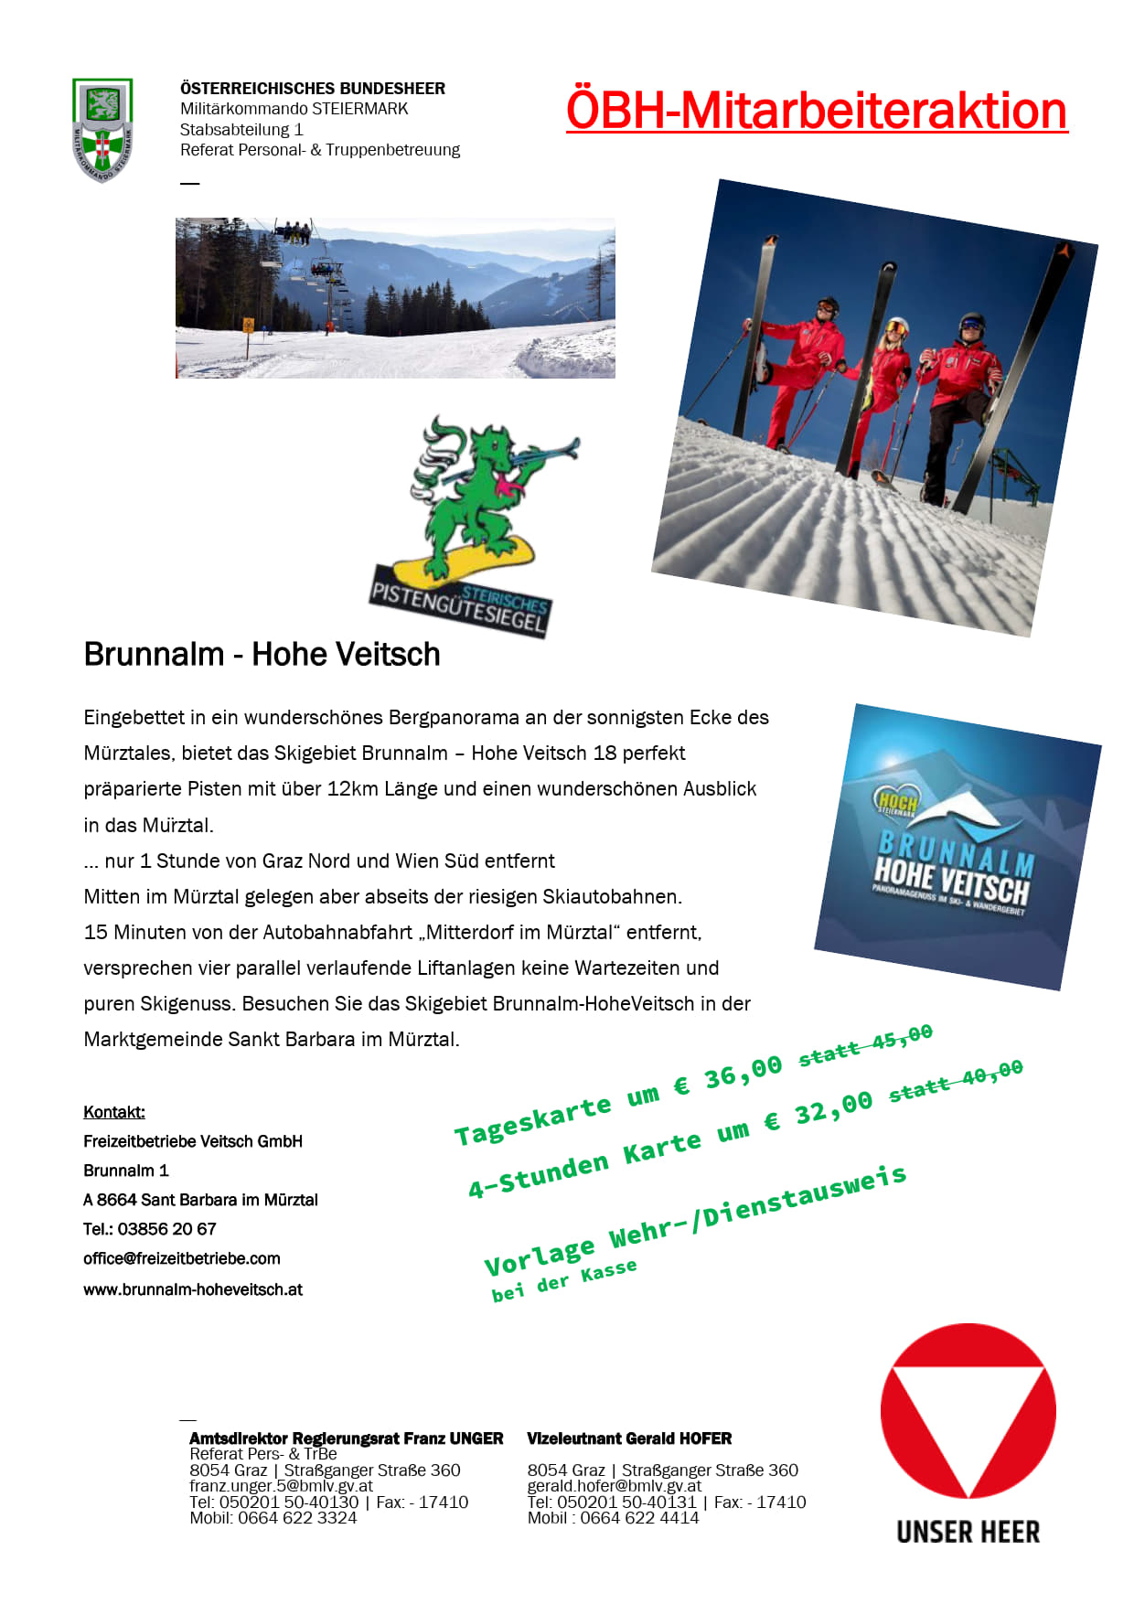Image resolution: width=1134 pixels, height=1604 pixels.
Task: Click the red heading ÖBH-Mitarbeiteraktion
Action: pos(816,111)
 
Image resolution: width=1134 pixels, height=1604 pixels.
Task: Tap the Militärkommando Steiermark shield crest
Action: pos(102,129)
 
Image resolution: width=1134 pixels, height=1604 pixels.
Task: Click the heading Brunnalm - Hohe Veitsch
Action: pos(262,655)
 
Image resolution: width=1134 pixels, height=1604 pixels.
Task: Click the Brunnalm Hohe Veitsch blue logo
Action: pos(956,846)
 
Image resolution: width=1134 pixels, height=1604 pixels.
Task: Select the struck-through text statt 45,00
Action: pos(865,1045)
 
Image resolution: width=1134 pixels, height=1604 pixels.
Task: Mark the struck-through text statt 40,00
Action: pos(956,1081)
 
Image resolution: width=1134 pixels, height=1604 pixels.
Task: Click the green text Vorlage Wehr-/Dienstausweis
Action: pos(695,1222)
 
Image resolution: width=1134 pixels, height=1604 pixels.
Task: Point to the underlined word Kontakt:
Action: pos(114,1112)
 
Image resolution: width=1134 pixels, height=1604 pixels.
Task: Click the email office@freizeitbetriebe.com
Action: pos(182,1258)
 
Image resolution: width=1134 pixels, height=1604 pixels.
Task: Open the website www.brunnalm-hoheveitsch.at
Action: pos(193,1289)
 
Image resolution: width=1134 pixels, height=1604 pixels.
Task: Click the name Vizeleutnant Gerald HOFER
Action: pos(629,1438)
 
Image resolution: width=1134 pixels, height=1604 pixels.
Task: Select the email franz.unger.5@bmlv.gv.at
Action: pos(281,1486)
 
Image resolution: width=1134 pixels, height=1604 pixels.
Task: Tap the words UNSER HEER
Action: pos(968,1532)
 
